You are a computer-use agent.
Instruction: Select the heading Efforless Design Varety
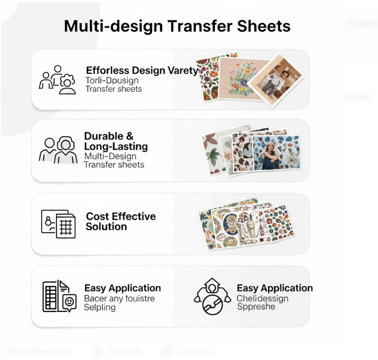coord(141,70)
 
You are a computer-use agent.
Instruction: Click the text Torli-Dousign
coord(112,80)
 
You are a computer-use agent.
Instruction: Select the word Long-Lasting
coord(116,146)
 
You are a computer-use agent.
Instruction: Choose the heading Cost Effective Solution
coord(121,222)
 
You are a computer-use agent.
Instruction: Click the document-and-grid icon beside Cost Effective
coord(58,224)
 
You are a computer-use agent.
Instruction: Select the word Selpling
coord(100,307)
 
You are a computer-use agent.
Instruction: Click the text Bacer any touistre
coord(119,298)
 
